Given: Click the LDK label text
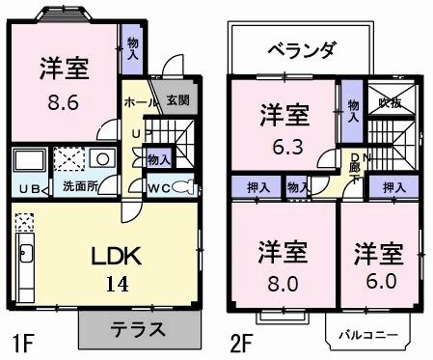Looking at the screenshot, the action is [117, 256].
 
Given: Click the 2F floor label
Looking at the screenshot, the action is [240, 341].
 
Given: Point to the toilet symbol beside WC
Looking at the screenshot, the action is [184, 186].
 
